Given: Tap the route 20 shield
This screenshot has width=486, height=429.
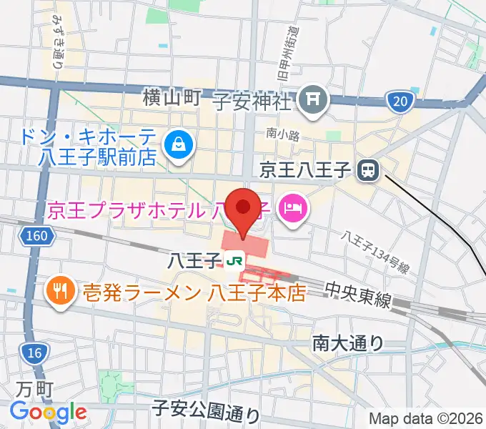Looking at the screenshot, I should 400,102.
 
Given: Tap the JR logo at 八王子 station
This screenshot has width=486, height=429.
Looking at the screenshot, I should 234,261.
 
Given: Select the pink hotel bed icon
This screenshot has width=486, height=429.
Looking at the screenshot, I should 292,209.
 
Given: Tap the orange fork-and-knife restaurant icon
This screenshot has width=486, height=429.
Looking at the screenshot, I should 58,291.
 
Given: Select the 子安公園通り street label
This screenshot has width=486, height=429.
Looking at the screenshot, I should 207,410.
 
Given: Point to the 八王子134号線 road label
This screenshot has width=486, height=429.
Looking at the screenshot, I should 375,252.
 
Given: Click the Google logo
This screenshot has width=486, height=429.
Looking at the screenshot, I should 48,412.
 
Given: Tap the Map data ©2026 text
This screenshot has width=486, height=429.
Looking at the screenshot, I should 425,418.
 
